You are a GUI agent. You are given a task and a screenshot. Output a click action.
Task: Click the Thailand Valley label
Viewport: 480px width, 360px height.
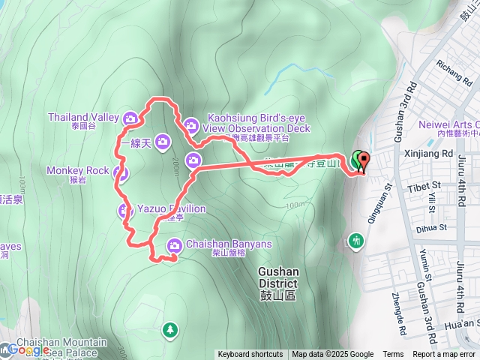[x=83, y=117]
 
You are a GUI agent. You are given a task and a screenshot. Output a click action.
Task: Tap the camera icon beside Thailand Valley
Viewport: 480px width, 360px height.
[x=130, y=118]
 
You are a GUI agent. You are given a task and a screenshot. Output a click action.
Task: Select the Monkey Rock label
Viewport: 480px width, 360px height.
[x=77, y=170]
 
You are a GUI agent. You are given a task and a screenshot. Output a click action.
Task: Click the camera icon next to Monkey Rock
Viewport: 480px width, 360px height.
[x=121, y=174]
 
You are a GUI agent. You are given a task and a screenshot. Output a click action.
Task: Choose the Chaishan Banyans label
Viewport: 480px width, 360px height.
[x=223, y=244]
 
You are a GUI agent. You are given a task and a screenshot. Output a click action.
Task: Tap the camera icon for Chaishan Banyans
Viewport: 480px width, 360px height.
[x=174, y=244]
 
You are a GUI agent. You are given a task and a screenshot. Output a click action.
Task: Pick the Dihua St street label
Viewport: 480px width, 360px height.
[x=431, y=226]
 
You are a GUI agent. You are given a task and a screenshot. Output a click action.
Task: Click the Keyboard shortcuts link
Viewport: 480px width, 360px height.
[x=250, y=355]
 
